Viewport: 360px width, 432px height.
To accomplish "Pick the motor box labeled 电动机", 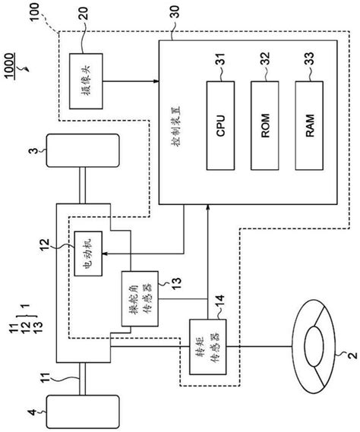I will (86, 254).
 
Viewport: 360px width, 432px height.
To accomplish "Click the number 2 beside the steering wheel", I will (351, 354).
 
